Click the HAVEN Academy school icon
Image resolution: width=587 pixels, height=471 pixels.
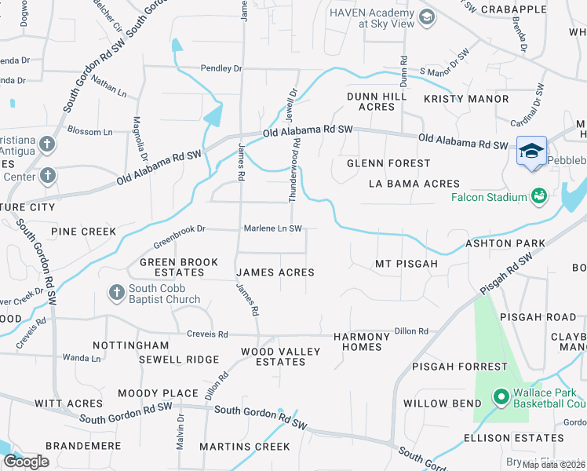pos(427,17)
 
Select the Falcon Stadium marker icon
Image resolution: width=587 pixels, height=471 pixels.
pos(539,195)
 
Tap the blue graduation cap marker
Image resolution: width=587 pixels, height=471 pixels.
pos(531,151)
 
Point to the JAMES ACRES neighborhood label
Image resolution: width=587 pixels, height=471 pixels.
pos(275,272)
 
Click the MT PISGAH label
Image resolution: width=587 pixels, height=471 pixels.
pos(406,264)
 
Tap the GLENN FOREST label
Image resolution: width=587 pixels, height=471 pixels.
pos(389,163)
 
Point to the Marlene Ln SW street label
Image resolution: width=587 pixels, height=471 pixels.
pos(274,228)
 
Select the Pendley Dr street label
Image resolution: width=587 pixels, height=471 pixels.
pos(221,69)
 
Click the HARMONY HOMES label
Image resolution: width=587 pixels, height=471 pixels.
pos(362,341)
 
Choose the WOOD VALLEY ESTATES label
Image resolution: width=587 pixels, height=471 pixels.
pos(280,356)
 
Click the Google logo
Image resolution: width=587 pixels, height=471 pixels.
pos(26,462)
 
